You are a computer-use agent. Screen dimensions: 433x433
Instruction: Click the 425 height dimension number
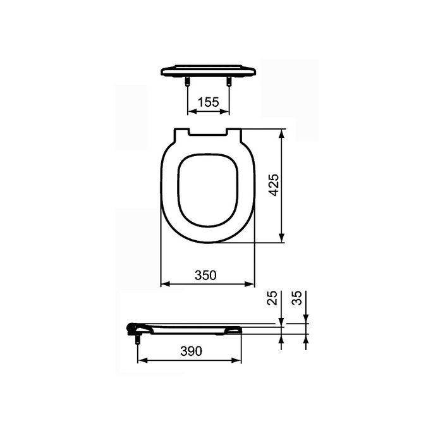click(273, 185)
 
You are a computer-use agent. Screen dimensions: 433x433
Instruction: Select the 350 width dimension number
click(205, 275)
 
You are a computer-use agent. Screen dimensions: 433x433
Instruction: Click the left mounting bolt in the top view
click(188, 81)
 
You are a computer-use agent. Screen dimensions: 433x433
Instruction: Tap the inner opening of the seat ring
click(208, 189)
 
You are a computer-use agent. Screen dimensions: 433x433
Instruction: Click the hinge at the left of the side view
click(133, 327)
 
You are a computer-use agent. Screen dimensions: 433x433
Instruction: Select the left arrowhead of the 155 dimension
click(192, 111)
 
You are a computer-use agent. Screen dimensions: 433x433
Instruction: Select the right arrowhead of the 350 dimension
click(251, 284)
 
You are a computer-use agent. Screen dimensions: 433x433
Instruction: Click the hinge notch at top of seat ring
click(208, 132)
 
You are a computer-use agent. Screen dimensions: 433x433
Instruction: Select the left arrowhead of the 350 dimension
click(164, 284)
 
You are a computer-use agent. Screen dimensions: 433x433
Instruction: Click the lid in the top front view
click(208, 70)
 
